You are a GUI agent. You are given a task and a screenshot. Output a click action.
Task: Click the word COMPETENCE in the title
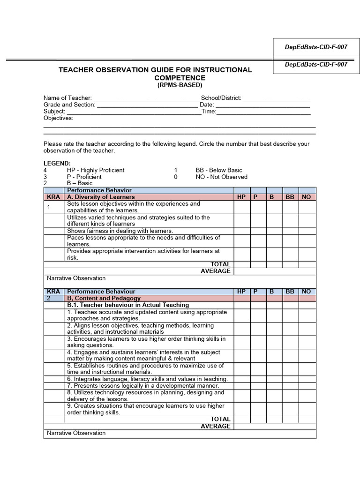point(180,78)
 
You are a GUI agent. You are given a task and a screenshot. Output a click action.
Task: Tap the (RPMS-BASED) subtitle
point(180,85)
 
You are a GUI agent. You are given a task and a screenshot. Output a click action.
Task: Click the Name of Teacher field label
point(67,98)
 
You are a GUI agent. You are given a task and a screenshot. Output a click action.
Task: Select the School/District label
point(221,98)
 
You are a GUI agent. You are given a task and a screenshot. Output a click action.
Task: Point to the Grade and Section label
point(69,105)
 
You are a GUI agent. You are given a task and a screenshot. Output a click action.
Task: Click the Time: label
point(209,112)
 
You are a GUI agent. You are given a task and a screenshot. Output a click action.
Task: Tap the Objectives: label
point(58,118)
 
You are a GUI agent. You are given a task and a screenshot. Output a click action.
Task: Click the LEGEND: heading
point(57,163)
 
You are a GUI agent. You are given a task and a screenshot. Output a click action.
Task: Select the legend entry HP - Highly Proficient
point(96,170)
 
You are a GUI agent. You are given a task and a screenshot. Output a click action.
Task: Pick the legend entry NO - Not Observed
point(221,177)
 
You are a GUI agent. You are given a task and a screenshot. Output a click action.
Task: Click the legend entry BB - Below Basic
point(219,170)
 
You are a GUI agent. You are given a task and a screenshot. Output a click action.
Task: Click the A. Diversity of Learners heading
point(101,197)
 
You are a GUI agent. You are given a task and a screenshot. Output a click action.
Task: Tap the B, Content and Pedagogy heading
point(104,298)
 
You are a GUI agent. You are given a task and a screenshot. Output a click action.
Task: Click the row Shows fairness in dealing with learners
point(120,231)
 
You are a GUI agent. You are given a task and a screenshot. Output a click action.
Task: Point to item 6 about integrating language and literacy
point(147,379)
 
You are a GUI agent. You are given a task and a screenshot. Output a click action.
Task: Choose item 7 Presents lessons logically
point(143,385)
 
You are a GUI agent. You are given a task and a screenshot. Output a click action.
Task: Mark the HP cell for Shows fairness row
point(241,231)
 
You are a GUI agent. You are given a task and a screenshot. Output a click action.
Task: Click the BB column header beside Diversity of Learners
point(290,197)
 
